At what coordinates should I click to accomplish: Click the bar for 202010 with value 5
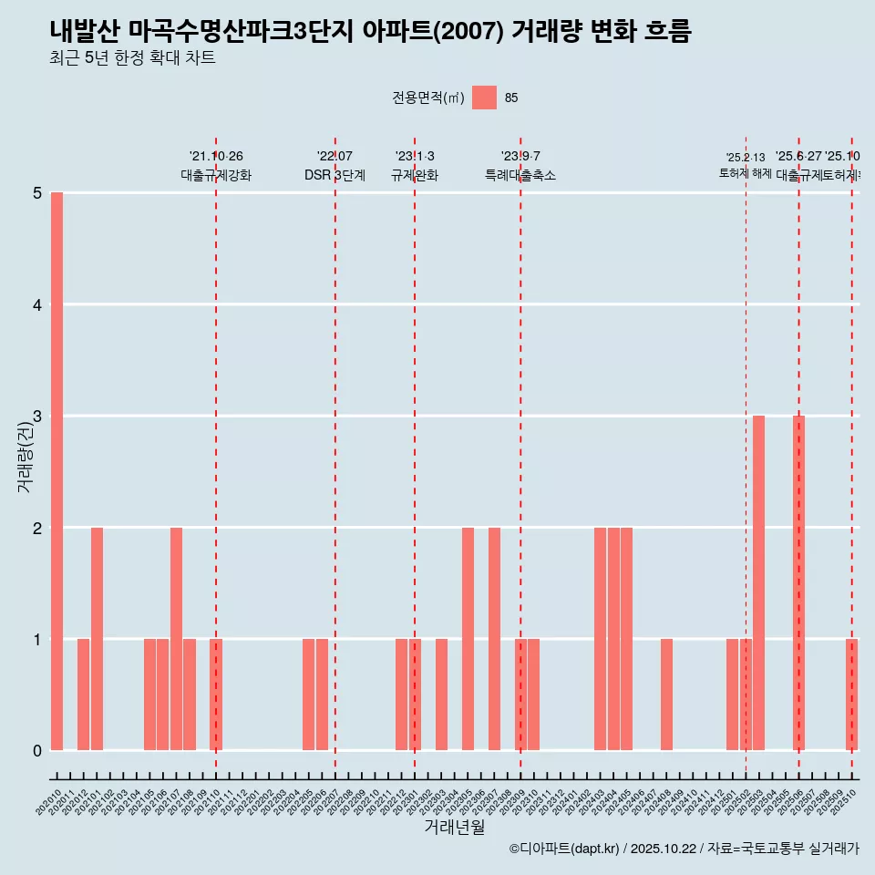[x=57, y=471]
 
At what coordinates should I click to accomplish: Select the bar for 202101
[x=97, y=638]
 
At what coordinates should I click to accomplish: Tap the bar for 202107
[x=176, y=638]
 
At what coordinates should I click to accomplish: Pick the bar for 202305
[x=468, y=638]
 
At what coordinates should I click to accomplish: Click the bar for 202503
[x=758, y=583]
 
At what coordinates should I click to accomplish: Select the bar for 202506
[x=798, y=583]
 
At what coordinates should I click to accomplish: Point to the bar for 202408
[x=666, y=695]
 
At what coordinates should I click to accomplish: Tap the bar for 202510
[x=851, y=695]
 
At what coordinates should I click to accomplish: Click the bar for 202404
[x=613, y=638]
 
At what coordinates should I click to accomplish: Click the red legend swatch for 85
[x=484, y=98]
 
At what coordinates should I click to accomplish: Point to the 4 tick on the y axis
[x=37, y=304]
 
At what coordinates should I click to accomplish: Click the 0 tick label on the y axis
[x=37, y=750]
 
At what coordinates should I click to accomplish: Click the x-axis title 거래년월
[x=454, y=827]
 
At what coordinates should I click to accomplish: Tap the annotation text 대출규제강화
[x=215, y=175]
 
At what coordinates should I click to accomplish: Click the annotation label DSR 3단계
[x=335, y=175]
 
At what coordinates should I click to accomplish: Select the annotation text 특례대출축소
[x=520, y=175]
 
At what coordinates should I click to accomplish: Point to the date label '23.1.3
[x=415, y=156]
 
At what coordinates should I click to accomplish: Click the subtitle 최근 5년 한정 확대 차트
[x=133, y=58]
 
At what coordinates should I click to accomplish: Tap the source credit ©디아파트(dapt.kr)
[x=564, y=849]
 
